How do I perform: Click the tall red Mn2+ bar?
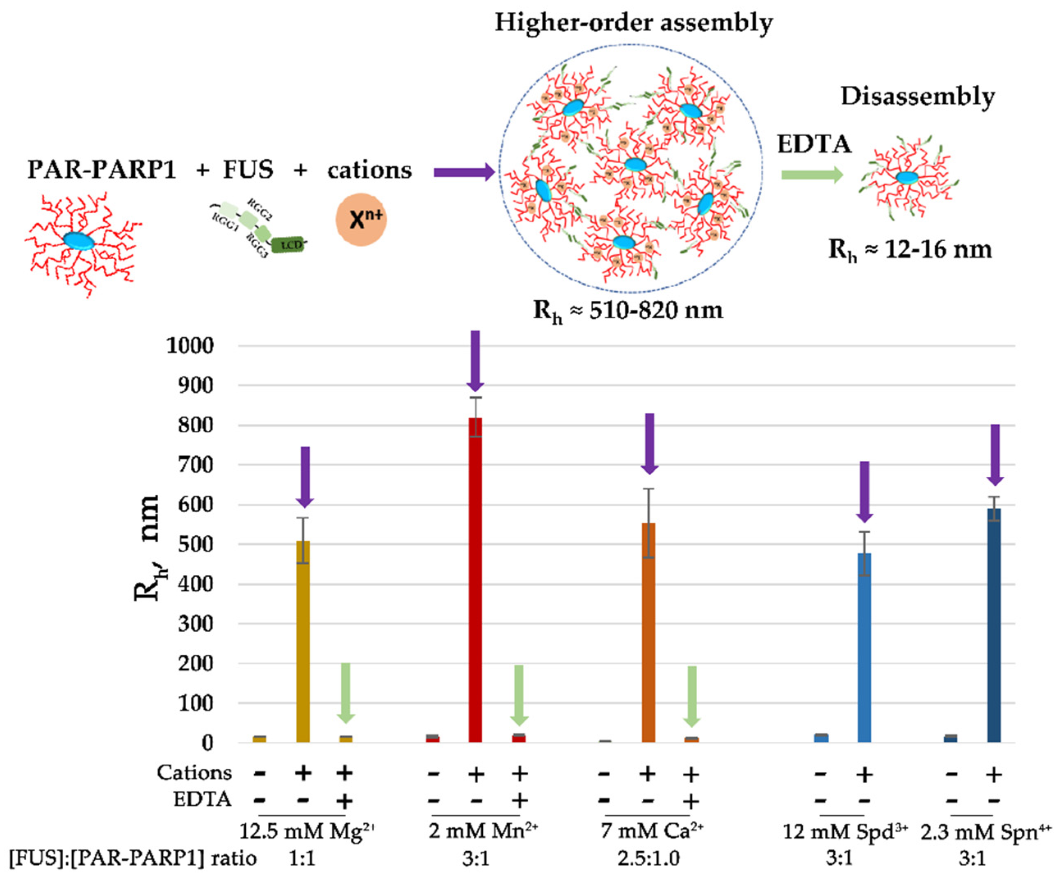(x=475, y=580)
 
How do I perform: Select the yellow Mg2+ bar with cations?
(x=303, y=640)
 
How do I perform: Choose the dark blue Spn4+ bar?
(x=993, y=625)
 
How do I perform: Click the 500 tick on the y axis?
(x=196, y=545)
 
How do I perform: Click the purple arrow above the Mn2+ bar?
(x=475, y=361)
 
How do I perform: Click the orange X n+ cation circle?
(x=361, y=220)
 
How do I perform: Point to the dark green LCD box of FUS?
(x=288, y=245)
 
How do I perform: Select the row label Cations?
(x=194, y=772)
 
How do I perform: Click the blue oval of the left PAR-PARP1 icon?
(x=79, y=241)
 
